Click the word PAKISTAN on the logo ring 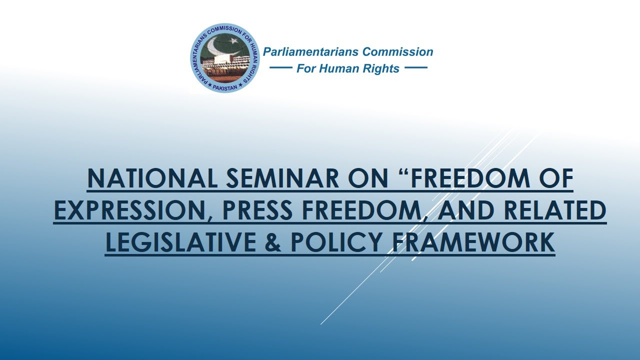(x=225, y=88)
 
